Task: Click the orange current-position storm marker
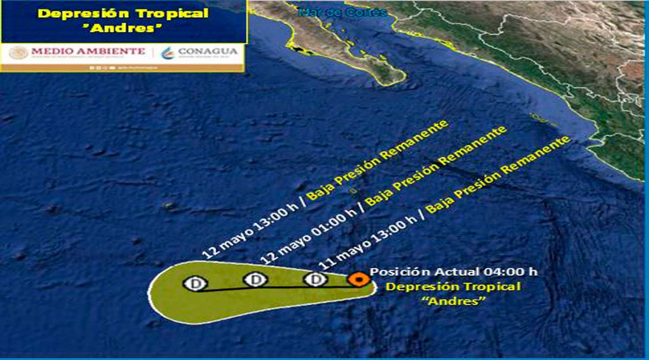point(358,279)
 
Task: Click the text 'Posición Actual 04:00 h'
point(454,271)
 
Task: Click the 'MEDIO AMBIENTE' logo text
point(88,51)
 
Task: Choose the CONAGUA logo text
point(207,51)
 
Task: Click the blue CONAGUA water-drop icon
point(169,52)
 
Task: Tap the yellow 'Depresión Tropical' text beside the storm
point(453,286)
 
